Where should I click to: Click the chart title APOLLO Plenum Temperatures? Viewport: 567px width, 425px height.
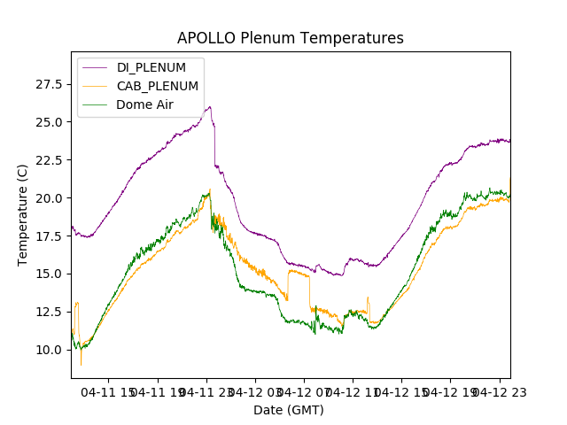pos(290,38)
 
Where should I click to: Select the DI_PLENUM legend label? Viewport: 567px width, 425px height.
pos(151,67)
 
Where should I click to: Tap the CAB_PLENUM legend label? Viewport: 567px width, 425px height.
pos(158,86)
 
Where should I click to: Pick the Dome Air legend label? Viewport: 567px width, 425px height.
pos(145,104)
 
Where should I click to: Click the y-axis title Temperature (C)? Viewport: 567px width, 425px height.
pos(23,214)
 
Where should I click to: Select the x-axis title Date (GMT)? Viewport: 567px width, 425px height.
pos(289,410)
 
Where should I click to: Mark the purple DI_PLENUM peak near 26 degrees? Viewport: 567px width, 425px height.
pos(209,107)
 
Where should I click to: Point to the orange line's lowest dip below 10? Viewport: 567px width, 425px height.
pos(81,365)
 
